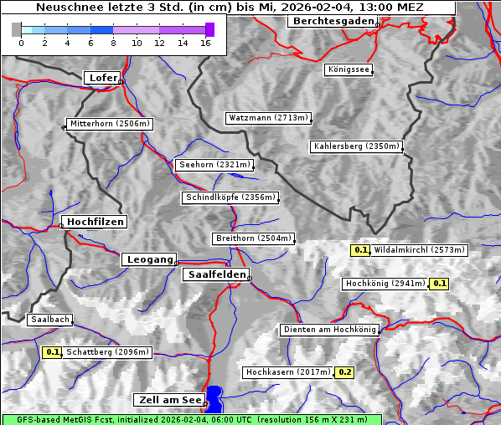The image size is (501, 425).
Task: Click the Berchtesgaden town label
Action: point(331,21)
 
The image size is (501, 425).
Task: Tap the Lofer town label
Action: point(103,78)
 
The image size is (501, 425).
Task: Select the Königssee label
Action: point(349,70)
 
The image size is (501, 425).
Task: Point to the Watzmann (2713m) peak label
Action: point(268,118)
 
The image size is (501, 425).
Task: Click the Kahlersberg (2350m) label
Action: point(356,146)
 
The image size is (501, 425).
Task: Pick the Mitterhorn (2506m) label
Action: point(110,125)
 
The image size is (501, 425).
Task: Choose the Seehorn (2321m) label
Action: point(214,165)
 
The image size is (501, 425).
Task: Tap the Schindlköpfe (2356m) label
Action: point(230,197)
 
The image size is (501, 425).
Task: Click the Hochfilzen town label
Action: point(95,222)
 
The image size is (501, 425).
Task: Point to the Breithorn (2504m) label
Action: point(253,238)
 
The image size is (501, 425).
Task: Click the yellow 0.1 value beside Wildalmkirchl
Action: point(361,250)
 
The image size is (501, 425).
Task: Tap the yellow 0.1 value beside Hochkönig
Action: point(440,284)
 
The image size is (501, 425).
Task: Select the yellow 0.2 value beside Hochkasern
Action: point(344,372)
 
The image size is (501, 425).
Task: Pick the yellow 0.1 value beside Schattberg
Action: point(52,352)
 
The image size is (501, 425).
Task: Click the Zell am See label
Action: point(168,400)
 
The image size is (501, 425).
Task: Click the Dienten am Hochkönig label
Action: point(328,330)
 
